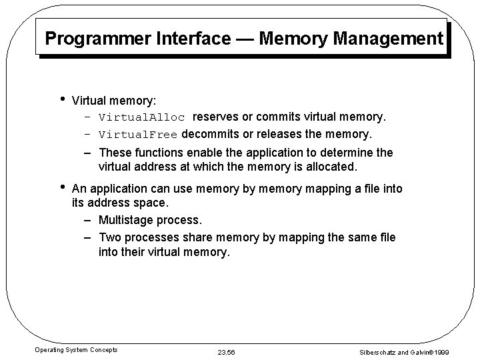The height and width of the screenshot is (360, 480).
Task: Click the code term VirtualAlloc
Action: pyautogui.click(x=141, y=118)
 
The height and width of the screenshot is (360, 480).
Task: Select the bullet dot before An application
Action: pyautogui.click(x=62, y=187)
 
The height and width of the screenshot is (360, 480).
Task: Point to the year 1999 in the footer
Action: pyautogui.click(x=459, y=351)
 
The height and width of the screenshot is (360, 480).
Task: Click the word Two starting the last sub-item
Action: pyautogui.click(x=110, y=237)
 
